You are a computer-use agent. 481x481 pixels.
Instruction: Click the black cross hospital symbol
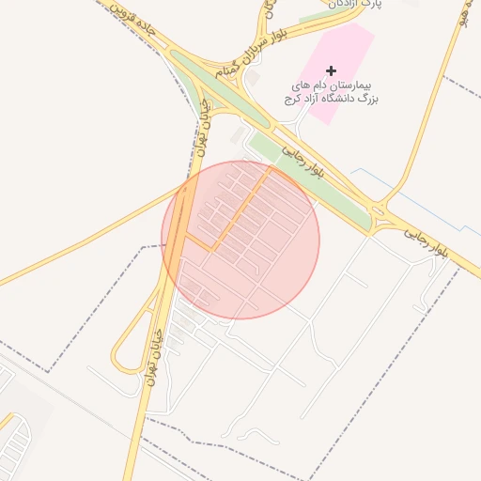[x=331, y=70]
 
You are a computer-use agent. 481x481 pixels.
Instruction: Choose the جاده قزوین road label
[x=132, y=23]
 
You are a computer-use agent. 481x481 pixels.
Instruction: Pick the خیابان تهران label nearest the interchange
[x=203, y=132]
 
